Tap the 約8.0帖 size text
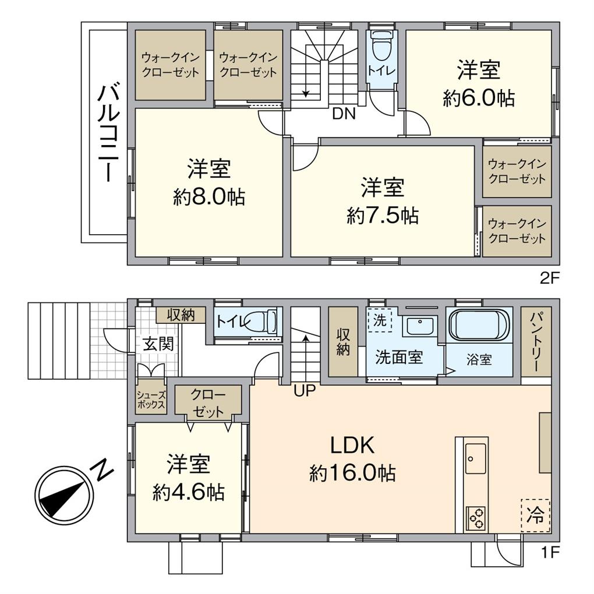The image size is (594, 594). [x=208, y=198]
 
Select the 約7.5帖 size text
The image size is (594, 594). [x=382, y=216]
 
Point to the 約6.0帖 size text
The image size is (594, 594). [x=479, y=98]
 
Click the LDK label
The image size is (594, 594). [x=352, y=446]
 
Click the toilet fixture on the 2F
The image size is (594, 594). [x=382, y=47]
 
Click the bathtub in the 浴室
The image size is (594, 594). [x=479, y=324]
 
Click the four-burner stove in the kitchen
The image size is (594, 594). [x=476, y=518]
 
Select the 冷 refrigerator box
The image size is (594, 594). [x=535, y=514]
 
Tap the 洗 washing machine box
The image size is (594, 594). [x=379, y=320]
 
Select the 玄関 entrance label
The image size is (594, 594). [x=158, y=344]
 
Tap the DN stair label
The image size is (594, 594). [x=344, y=114]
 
